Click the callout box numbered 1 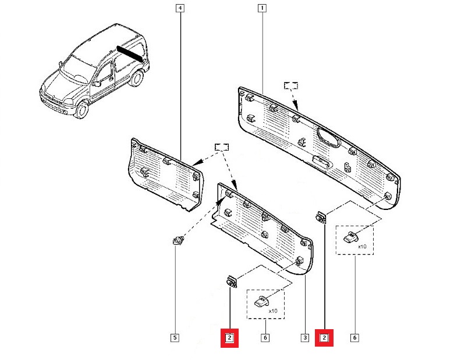[x=262, y=8]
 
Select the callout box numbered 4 [x=180, y=8]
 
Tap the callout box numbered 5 [x=174, y=337]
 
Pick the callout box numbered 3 [x=304, y=337]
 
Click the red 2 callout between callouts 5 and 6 [x=230, y=337]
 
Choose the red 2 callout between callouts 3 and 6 [x=324, y=337]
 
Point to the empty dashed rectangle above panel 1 [x=291, y=85]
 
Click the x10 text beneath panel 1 [x=362, y=247]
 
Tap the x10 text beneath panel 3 [x=272, y=311]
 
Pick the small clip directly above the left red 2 [x=231, y=282]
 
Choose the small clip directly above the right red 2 [x=321, y=219]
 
